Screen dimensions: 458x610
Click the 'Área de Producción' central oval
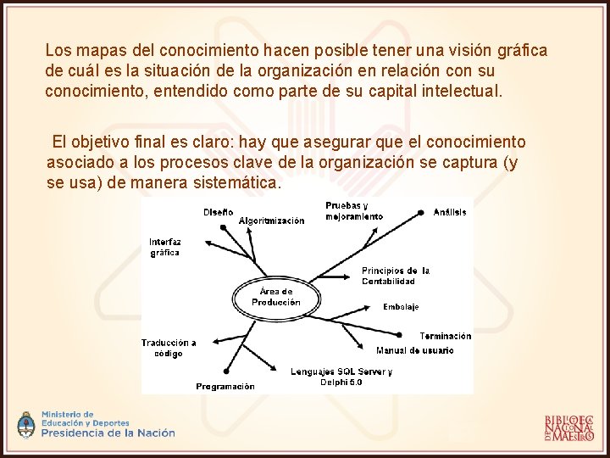[275, 297]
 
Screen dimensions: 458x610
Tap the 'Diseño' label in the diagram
[218, 212]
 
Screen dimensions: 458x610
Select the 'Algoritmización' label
[271, 221]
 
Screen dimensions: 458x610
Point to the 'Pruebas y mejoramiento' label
[353, 211]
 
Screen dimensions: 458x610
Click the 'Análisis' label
[450, 212]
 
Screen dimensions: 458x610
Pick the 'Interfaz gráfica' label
[165, 247]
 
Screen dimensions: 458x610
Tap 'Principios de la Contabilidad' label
[395, 276]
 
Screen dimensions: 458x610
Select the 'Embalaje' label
[401, 307]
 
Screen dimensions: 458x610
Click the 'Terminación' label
[445, 337]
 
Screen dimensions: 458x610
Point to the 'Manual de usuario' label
[414, 350]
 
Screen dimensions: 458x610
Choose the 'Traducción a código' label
[169, 348]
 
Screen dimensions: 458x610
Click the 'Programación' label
[225, 387]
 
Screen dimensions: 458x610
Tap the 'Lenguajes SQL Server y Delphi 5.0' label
[341, 377]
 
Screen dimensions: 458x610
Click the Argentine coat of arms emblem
[27, 424]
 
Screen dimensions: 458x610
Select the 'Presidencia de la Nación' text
[108, 433]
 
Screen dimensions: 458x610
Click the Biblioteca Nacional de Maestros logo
[568, 428]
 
